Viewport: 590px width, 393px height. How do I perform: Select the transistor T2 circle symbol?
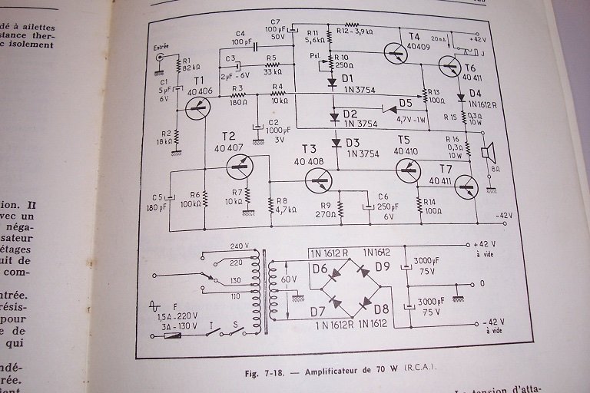point(241,164)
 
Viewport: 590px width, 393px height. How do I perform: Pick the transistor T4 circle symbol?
point(396,53)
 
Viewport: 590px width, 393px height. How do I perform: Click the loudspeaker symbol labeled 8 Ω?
point(487,153)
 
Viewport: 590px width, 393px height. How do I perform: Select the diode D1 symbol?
point(333,81)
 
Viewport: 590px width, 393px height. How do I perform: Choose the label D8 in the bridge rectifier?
point(382,309)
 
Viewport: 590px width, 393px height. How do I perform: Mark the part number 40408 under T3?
point(309,161)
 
